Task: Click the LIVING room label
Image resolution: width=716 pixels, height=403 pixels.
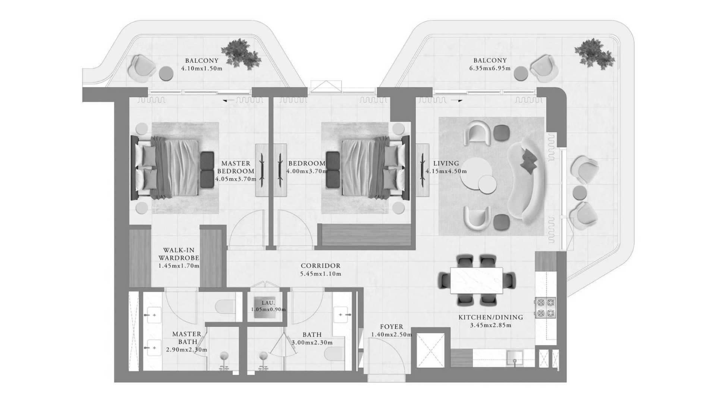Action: click(446, 163)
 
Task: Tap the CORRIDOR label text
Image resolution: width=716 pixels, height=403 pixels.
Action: click(320, 266)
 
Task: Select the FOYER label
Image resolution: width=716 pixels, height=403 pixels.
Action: click(392, 327)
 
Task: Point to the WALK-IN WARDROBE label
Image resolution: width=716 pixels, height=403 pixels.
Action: click(179, 254)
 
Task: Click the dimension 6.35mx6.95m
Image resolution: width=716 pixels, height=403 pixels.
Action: click(490, 68)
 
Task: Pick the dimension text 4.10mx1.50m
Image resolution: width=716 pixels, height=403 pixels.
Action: click(202, 68)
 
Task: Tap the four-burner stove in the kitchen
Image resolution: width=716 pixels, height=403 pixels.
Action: click(545, 307)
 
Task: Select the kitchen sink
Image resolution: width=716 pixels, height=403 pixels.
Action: click(515, 358)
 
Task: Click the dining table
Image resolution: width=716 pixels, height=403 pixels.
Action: click(476, 280)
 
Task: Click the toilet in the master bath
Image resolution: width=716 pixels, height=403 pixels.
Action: click(225, 306)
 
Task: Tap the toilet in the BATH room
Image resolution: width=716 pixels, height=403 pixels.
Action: click(335, 353)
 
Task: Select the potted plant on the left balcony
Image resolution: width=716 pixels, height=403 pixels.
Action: click(241, 53)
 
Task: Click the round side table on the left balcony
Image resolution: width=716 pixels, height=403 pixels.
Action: click(166, 74)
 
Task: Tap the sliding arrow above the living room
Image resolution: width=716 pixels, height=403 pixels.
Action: click(457, 100)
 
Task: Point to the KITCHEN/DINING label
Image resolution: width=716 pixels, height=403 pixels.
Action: click(490, 317)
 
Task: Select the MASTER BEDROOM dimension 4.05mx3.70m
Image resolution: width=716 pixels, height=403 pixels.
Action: click(236, 179)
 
